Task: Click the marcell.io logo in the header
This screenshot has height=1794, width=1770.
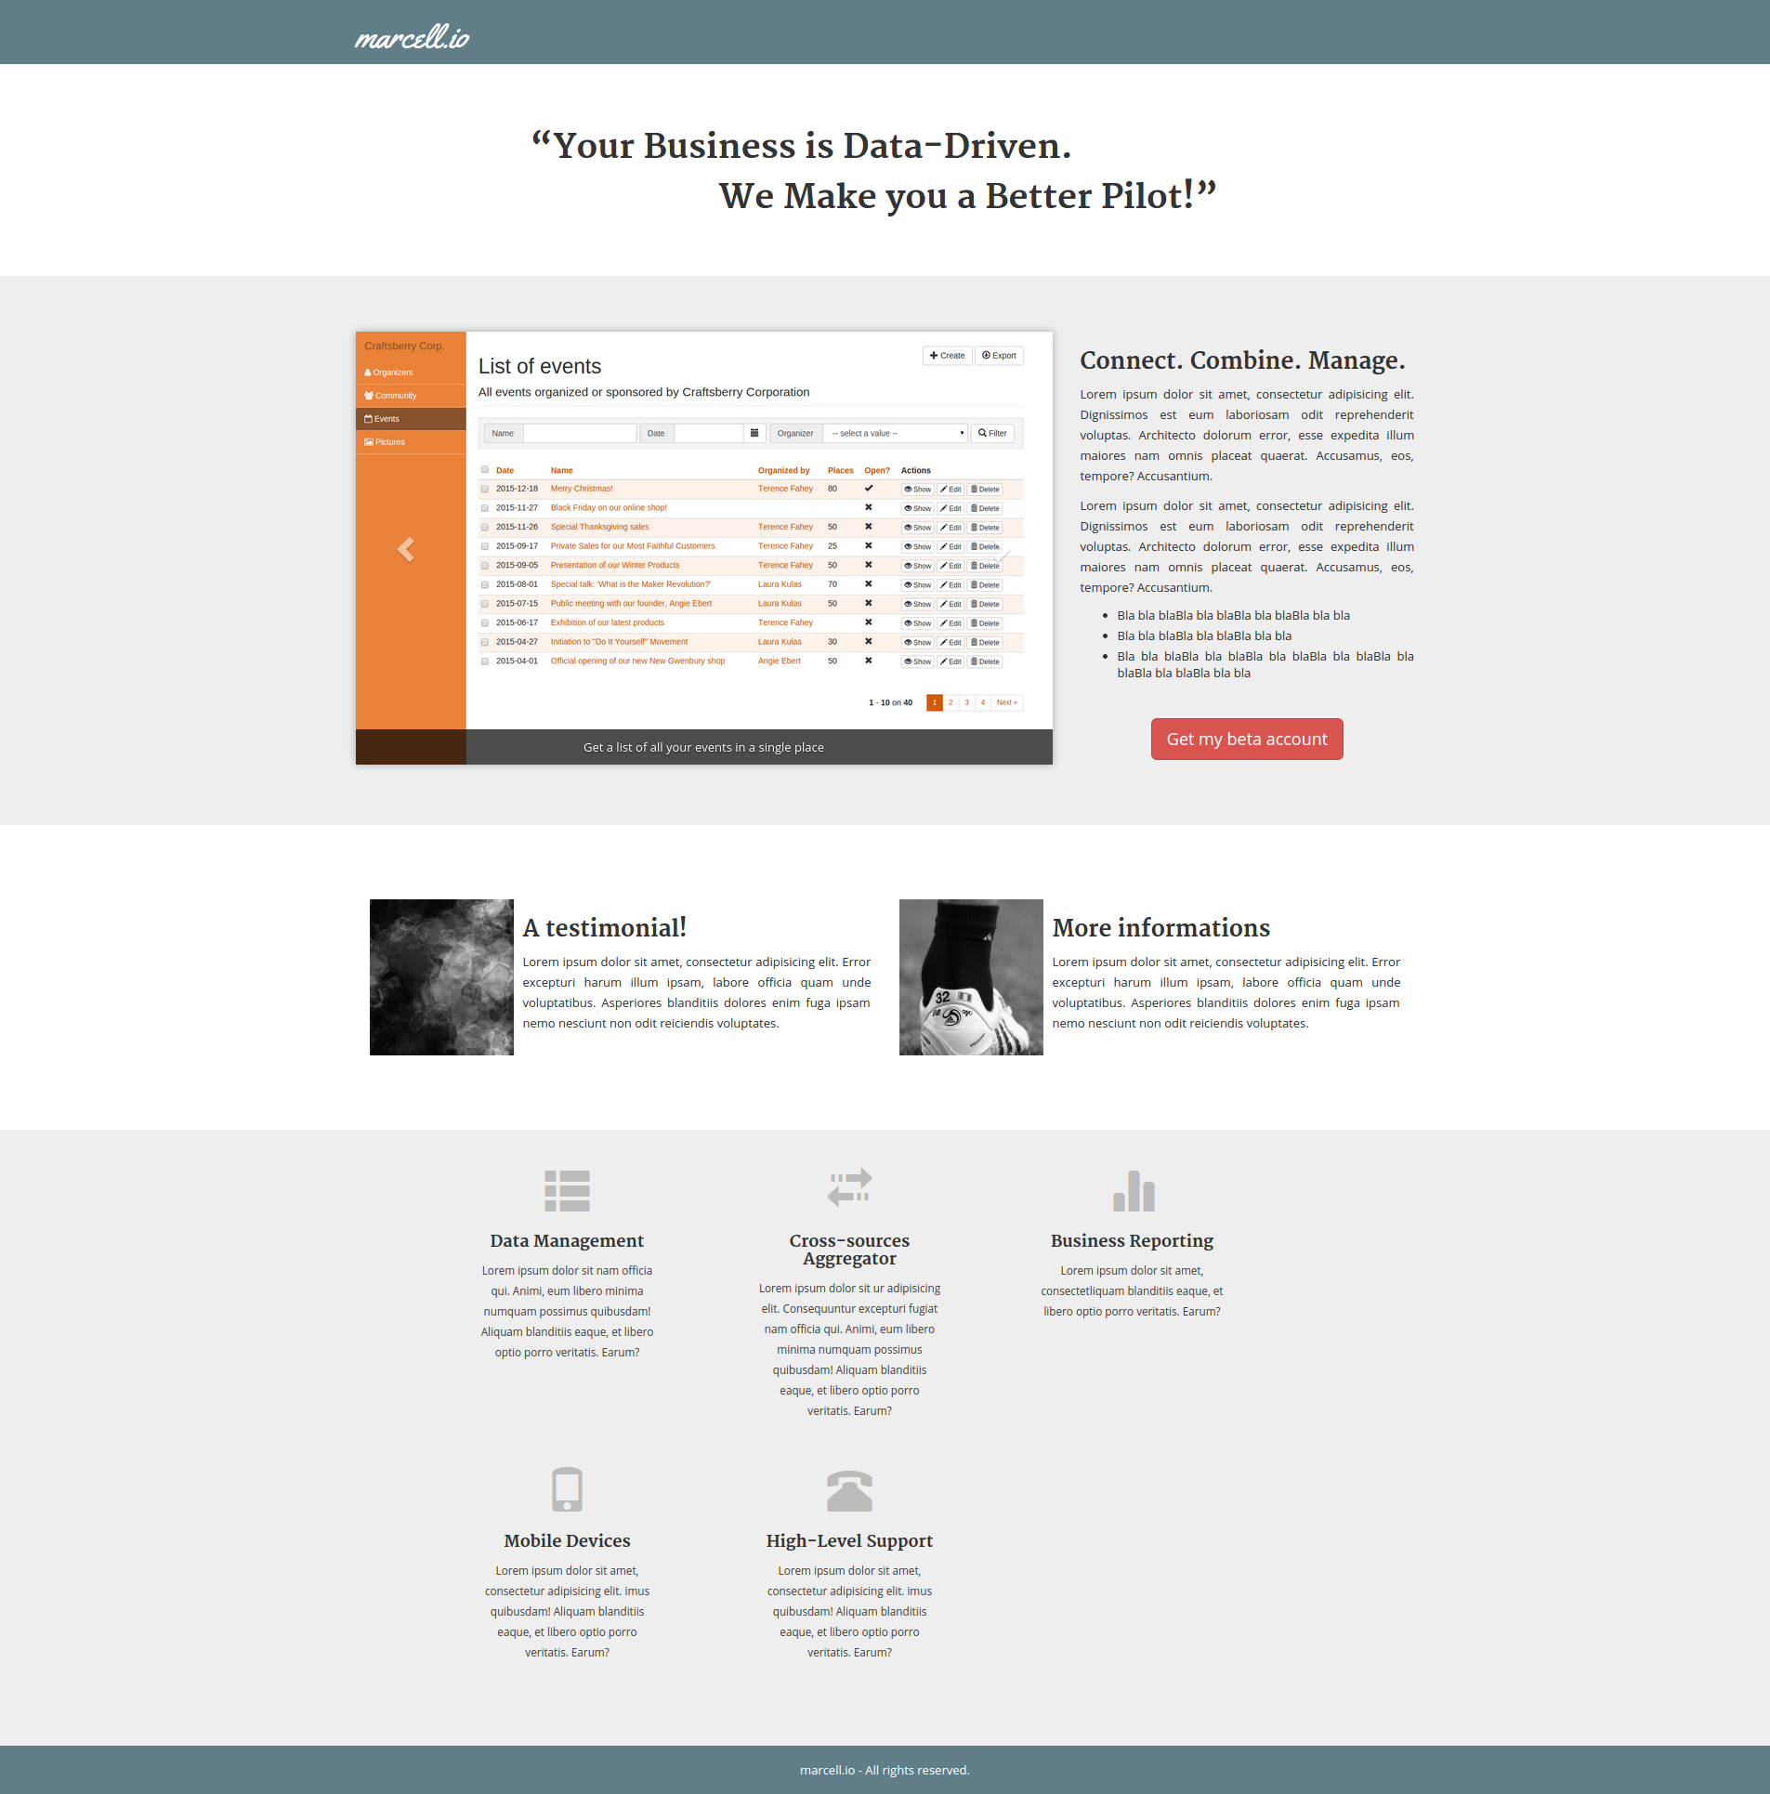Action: coord(412,37)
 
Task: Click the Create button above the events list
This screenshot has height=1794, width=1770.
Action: coord(947,356)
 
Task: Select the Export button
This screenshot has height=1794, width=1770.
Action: coord(999,356)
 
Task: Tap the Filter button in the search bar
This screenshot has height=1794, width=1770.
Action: coord(992,434)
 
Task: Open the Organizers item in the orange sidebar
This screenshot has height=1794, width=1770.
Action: coord(388,373)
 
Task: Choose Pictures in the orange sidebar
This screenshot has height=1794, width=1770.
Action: coord(385,442)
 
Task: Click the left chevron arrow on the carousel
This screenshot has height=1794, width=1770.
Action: coord(406,549)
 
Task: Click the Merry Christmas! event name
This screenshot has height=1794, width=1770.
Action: coord(582,489)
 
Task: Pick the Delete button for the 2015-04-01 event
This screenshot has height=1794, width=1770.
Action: coord(985,662)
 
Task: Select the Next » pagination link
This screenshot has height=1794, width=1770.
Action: coord(1006,703)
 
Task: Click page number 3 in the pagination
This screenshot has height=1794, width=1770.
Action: coord(966,703)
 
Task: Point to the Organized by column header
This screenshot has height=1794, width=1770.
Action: coord(783,471)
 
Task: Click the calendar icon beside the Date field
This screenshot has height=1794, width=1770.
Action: coord(754,434)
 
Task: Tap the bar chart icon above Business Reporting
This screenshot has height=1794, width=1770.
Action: coord(1134,1190)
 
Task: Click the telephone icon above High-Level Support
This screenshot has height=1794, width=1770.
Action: coord(849,1490)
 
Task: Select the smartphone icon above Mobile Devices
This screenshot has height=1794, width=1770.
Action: coord(567,1489)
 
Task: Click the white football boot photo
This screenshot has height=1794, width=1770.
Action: coord(971,977)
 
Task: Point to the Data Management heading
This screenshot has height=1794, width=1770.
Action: coord(567,1241)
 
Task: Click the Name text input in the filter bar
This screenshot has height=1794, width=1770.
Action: coord(580,434)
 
